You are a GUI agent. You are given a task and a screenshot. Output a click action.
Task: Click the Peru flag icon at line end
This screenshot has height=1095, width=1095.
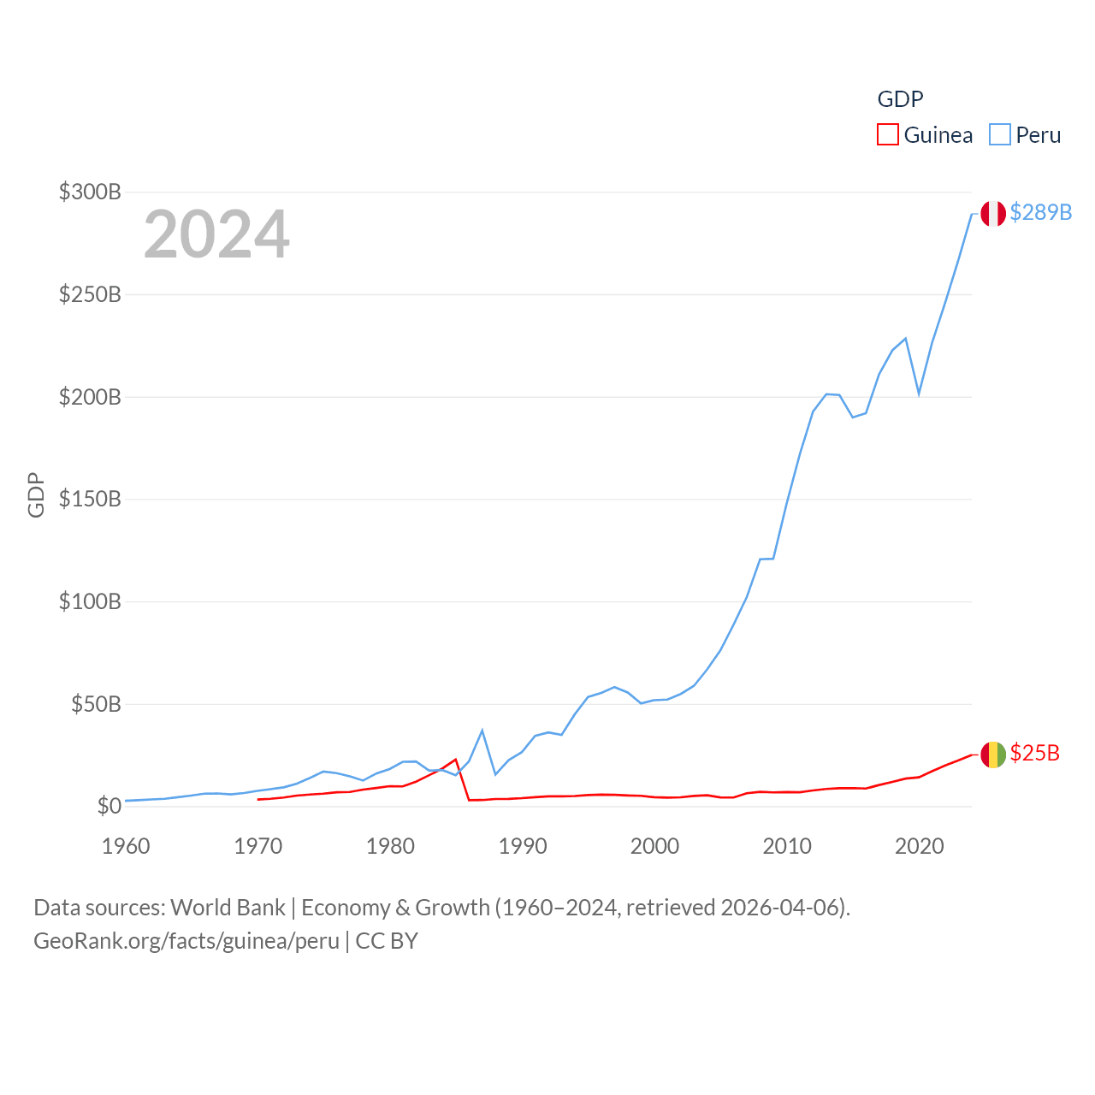tap(993, 213)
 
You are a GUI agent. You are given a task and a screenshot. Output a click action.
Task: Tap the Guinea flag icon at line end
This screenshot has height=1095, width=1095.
tap(993, 755)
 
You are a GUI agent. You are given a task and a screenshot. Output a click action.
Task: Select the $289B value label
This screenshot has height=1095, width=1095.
tap(1040, 212)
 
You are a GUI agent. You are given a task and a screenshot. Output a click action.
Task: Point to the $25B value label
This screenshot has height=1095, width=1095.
tap(1034, 753)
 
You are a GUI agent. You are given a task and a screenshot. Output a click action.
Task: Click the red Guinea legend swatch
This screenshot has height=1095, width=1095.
tap(888, 135)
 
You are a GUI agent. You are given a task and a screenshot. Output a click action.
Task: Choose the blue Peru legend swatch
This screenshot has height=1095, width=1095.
tap(999, 135)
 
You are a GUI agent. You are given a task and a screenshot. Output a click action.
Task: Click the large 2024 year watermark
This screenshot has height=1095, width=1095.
tap(216, 234)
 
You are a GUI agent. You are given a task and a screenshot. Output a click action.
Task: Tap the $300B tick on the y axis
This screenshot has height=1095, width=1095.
tap(90, 192)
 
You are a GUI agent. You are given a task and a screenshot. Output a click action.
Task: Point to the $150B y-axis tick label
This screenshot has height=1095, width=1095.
tap(90, 499)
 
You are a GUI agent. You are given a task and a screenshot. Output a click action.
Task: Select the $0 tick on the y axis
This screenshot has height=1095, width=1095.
tap(109, 806)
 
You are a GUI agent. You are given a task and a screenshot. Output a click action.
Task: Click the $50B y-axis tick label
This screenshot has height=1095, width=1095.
tap(96, 704)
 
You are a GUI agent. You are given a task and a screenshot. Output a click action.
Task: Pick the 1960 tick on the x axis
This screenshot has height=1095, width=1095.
tap(126, 846)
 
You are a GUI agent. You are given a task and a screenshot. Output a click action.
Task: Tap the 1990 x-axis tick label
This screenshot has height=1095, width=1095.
tap(523, 846)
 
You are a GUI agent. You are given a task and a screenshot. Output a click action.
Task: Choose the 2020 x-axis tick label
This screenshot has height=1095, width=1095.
tap(919, 846)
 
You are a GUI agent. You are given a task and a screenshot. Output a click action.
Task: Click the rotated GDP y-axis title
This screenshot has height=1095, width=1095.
tap(36, 494)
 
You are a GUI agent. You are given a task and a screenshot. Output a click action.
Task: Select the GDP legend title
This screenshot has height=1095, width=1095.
tap(900, 99)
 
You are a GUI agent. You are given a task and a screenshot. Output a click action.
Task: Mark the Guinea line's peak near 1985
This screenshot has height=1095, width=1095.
tap(456, 760)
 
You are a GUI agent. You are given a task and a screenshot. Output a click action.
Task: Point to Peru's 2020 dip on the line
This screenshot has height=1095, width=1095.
tap(919, 394)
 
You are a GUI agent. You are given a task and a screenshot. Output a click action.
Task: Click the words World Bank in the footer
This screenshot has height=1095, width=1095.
tap(228, 907)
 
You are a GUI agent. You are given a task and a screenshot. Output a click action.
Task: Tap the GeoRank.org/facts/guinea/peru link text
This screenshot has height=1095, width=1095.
tap(186, 941)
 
